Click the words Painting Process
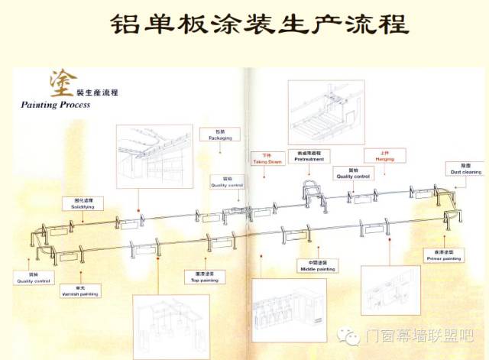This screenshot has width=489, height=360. coord(56,104)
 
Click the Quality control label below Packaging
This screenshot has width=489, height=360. coord(226,183)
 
